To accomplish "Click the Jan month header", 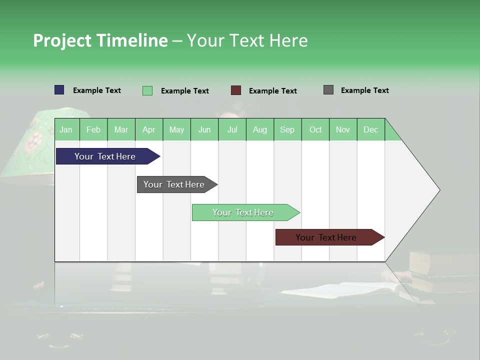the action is coord(66,129).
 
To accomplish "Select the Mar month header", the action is coord(121,129).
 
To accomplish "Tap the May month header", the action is coord(176,129).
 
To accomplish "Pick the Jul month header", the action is coord(232,129).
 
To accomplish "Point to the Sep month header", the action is coord(287,129).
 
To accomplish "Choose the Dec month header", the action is coord(370,129).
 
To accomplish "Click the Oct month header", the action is coord(315,129).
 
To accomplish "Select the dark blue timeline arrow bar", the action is coord(105,156).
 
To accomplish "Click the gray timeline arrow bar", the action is coord(174,184).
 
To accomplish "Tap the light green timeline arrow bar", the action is coord(243,212).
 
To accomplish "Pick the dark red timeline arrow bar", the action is coord(326,237).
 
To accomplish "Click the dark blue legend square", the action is coord(59,90).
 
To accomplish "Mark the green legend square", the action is coord(147,90).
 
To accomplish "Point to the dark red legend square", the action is coord(236,90).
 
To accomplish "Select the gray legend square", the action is coord(328,90).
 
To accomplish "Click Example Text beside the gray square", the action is coord(364,90).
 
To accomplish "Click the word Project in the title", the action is coord(62,40).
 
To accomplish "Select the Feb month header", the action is coord(93,129).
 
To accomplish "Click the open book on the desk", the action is coord(345,290).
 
